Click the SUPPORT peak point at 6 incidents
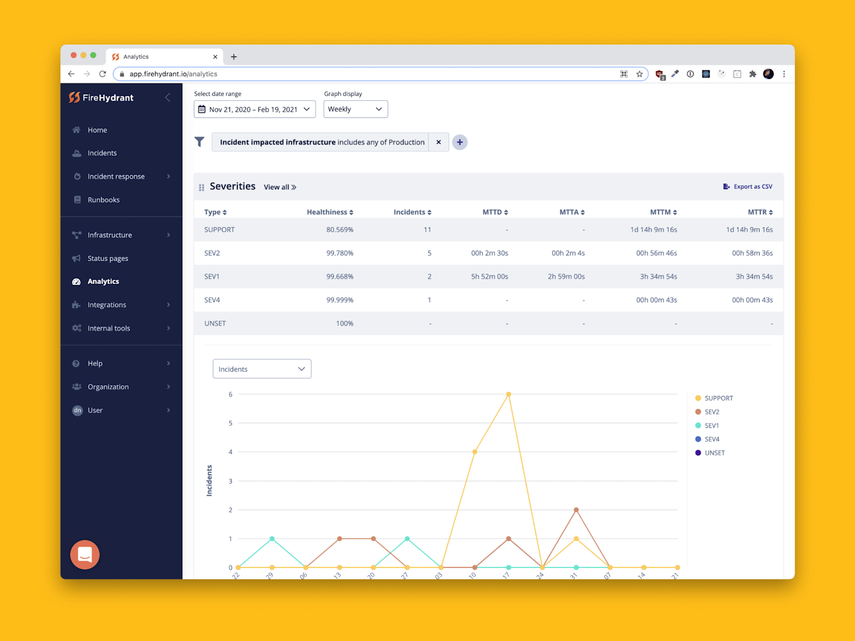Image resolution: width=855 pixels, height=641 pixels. [508, 394]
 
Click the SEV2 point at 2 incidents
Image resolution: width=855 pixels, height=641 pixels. [576, 509]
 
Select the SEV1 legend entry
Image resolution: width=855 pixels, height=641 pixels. [711, 425]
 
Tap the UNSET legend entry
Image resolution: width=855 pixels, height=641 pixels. [714, 452]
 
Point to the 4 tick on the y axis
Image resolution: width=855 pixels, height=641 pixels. [230, 452]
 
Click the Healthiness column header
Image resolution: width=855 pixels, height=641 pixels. [330, 212]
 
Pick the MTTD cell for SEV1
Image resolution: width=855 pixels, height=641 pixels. [489, 276]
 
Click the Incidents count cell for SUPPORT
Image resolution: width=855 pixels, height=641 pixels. [427, 229]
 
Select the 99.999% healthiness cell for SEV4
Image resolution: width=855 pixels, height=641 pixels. [340, 300]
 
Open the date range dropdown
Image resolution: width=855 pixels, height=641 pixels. [255, 109]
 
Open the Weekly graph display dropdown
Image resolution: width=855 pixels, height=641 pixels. [355, 109]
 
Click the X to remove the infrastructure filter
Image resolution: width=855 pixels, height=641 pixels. [438, 142]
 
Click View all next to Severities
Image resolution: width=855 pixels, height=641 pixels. [280, 187]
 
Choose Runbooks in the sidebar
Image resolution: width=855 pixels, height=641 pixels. [103, 200]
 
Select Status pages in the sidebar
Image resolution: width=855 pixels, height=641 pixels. [107, 258]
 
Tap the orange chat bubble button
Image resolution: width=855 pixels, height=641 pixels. [85, 554]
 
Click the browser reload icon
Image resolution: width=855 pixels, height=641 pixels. [103, 74]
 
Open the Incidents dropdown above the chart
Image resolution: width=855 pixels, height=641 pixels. [262, 369]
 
